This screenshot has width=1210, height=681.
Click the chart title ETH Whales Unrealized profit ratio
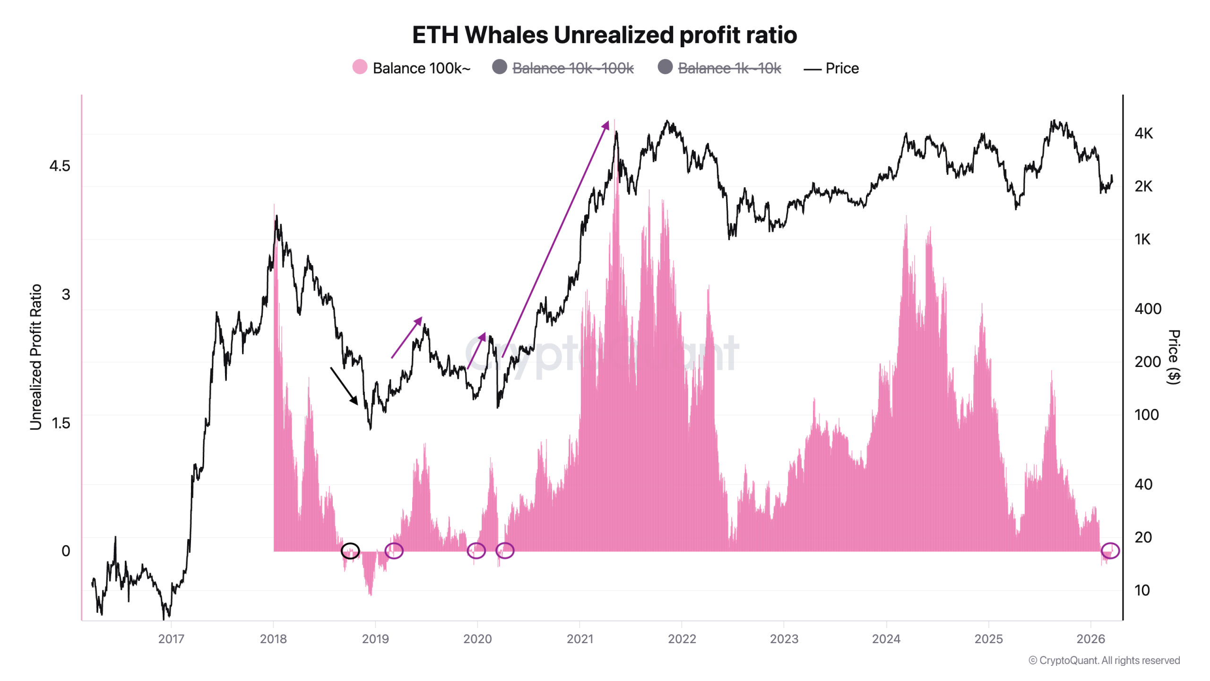click(x=604, y=35)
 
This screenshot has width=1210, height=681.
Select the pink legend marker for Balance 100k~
click(x=360, y=67)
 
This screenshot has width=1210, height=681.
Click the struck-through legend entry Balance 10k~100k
click(x=572, y=68)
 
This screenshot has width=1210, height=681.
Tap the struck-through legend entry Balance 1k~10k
click(x=729, y=68)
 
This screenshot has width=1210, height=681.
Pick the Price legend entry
click(x=841, y=68)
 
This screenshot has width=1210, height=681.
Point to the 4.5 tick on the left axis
click(x=60, y=166)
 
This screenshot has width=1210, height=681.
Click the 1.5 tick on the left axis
click(x=60, y=423)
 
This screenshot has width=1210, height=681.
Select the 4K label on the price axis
click(x=1143, y=133)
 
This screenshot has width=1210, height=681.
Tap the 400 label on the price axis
click(x=1148, y=309)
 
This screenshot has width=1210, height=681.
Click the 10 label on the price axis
click(x=1142, y=590)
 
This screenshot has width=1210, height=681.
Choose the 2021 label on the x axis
click(x=579, y=639)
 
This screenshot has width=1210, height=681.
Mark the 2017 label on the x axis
click(x=171, y=639)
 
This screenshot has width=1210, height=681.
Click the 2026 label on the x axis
click(x=1090, y=639)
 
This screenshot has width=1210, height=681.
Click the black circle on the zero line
click(x=350, y=550)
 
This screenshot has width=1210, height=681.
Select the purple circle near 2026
click(x=1110, y=550)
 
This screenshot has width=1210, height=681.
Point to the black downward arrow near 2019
click(x=344, y=385)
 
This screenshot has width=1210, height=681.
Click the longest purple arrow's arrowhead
click(x=605, y=125)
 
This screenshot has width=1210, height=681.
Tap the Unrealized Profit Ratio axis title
click(x=36, y=357)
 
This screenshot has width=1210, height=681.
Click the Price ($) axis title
click(x=1174, y=357)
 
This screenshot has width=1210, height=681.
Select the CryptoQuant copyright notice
click(x=1104, y=660)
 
